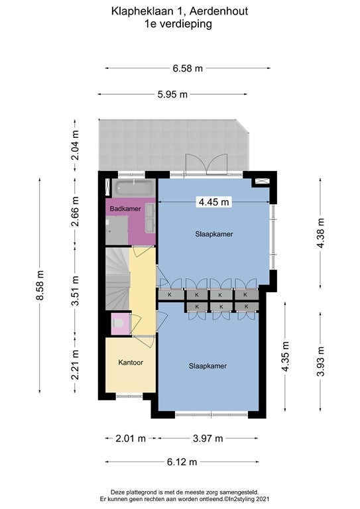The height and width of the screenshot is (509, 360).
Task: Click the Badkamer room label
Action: [x=125, y=209]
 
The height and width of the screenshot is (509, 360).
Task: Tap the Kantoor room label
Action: [x=131, y=363]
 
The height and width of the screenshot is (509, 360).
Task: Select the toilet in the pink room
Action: [x=118, y=323]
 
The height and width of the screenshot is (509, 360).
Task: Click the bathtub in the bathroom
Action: [x=134, y=188]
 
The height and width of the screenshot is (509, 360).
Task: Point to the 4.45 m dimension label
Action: [x=213, y=202]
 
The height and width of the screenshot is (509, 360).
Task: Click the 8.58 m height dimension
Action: [x=40, y=286]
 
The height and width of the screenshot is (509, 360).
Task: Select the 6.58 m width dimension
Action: [x=188, y=68]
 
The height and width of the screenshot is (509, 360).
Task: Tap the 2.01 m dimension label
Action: [x=131, y=439]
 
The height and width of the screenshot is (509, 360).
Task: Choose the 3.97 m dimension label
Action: [x=208, y=439]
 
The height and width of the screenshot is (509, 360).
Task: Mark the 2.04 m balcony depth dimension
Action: [x=75, y=145]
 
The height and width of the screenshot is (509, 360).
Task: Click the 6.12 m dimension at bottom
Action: [x=182, y=461]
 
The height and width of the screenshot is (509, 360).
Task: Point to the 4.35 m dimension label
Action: [x=285, y=356]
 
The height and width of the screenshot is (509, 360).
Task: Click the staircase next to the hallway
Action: [x=117, y=279]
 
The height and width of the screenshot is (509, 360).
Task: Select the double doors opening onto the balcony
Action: [x=206, y=164]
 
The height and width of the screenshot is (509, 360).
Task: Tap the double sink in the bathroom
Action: [x=150, y=218]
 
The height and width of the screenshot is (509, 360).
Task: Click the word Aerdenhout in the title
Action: [x=219, y=11]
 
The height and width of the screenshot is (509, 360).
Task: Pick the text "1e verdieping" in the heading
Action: [x=178, y=24]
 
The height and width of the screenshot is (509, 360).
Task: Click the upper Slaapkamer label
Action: [x=214, y=234]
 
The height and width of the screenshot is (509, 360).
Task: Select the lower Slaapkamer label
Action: [x=208, y=366]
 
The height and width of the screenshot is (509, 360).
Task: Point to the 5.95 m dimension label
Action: [x=172, y=94]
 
